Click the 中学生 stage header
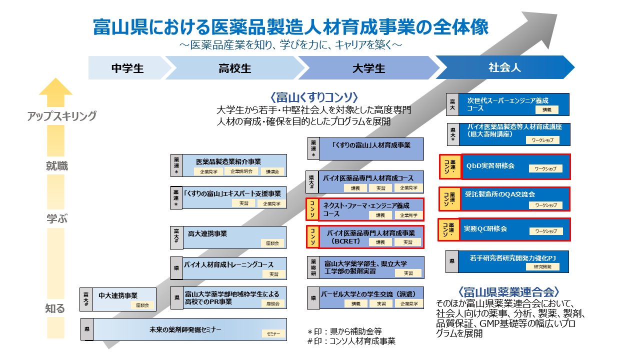pyautogui.click(x=127, y=68)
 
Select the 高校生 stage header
pyautogui.click(x=234, y=68)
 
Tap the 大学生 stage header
pyautogui.click(x=368, y=68)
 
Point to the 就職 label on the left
pyautogui.click(x=56, y=166)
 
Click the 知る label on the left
pyautogui.click(x=55, y=308)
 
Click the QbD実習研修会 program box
pyautogui.click(x=515, y=166)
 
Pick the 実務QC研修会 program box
pyautogui.click(x=515, y=229)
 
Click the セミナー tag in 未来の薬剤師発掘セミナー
pyautogui.click(x=273, y=333)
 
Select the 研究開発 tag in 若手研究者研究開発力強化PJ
pyautogui.click(x=542, y=267)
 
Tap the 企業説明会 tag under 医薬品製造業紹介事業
pyautogui.click(x=241, y=171)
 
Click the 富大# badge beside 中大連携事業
pyautogui.click(x=86, y=299)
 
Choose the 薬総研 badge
pyautogui.click(x=313, y=267)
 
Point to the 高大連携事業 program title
pyautogui.click(x=207, y=233)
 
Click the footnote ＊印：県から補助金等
pyautogui.click(x=344, y=330)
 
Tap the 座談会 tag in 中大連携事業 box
pyautogui.click(x=142, y=305)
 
